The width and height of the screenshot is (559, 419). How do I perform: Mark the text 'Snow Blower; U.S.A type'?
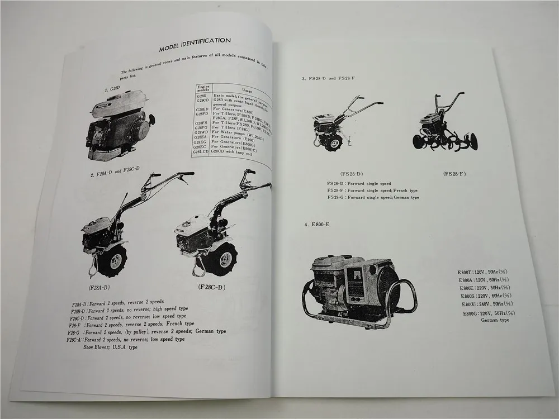(x=110, y=346)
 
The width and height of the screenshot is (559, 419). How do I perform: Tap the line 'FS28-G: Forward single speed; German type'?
(x=373, y=198)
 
